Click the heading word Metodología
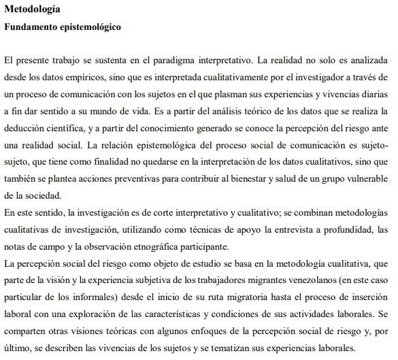click(x=31, y=10)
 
